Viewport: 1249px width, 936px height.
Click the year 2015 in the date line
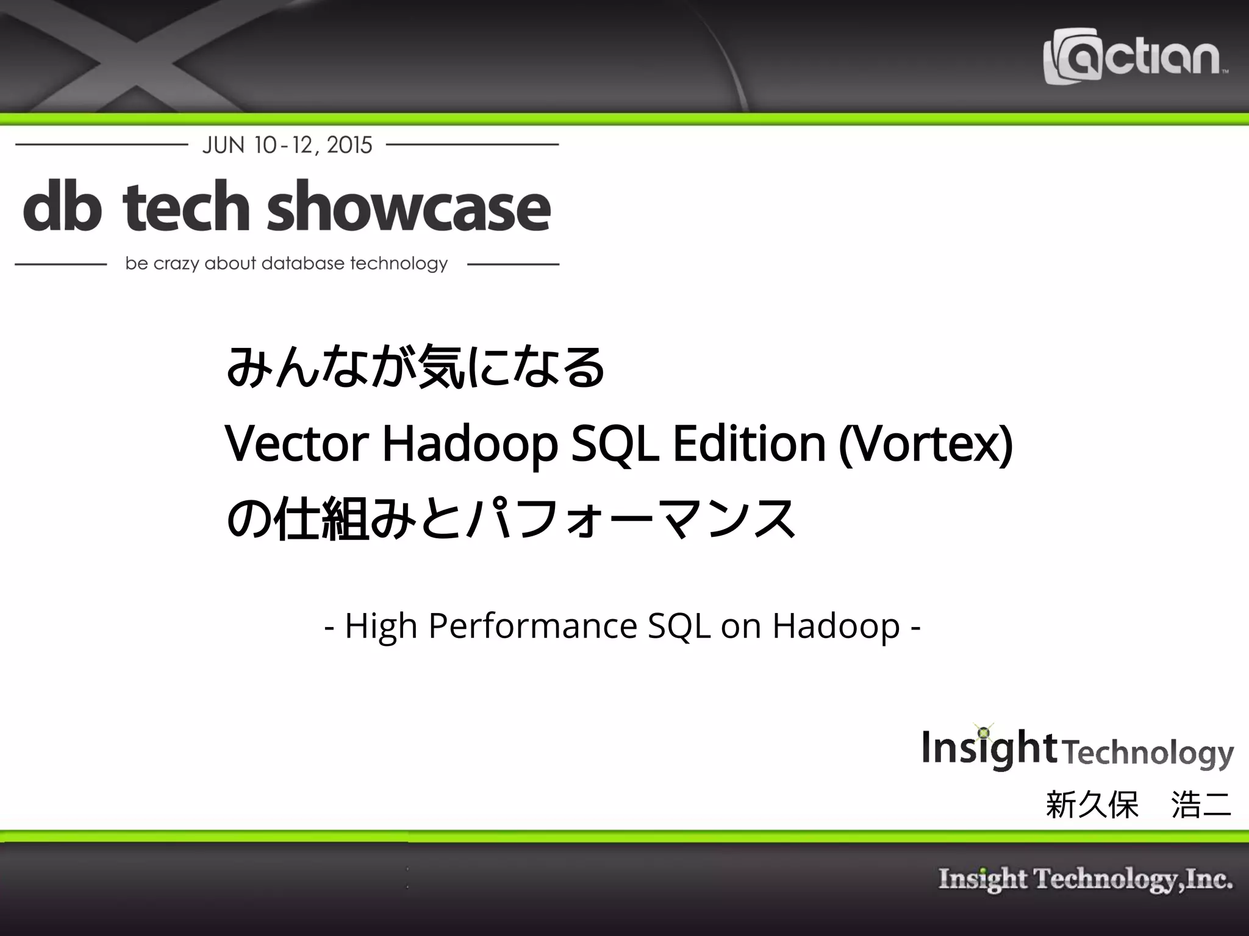pyautogui.click(x=349, y=145)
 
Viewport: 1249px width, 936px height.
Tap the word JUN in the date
pyautogui.click(x=223, y=145)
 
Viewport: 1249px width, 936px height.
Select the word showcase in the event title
pyautogui.click(x=409, y=207)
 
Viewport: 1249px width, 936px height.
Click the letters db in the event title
pyautogui.click(x=62, y=207)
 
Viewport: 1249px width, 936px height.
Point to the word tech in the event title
pyautogui.click(x=185, y=207)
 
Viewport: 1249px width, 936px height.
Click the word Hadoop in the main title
pyautogui.click(x=470, y=444)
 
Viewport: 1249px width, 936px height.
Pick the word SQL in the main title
pyautogui.click(x=614, y=444)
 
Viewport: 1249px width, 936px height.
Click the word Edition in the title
pyautogui.click(x=749, y=444)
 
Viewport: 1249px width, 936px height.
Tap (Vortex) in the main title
pyautogui.click(x=926, y=444)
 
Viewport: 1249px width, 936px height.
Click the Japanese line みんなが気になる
pyautogui.click(x=415, y=367)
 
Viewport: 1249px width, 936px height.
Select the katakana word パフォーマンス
pyautogui.click(x=631, y=519)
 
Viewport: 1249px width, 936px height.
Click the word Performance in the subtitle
pyautogui.click(x=532, y=625)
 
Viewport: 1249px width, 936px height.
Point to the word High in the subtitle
pyautogui.click(x=381, y=625)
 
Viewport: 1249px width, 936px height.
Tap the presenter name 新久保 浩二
pyautogui.click(x=1138, y=804)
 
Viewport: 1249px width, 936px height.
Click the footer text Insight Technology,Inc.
pyautogui.click(x=1086, y=879)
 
